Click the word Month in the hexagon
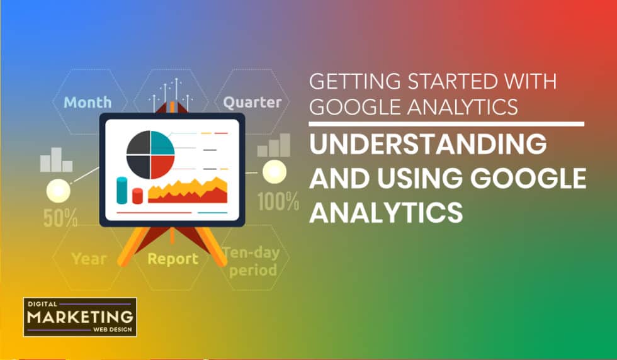(x=88, y=102)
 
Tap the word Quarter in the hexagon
(x=252, y=102)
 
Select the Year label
(x=89, y=258)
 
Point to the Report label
(x=173, y=258)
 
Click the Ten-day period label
(x=252, y=262)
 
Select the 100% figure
(x=278, y=201)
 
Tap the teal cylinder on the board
(x=122, y=190)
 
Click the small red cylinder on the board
(x=137, y=195)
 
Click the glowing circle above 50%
(x=58, y=189)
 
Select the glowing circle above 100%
(x=274, y=171)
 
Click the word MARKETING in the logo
(x=79, y=317)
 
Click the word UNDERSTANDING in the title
(x=428, y=145)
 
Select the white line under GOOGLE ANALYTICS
(x=447, y=124)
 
